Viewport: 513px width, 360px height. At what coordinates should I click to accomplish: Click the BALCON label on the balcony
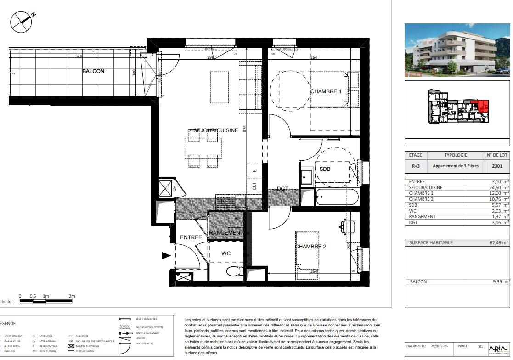[93, 71]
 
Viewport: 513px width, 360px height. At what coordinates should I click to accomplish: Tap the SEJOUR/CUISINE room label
[215, 130]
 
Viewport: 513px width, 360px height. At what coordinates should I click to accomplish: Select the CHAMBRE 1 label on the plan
[326, 91]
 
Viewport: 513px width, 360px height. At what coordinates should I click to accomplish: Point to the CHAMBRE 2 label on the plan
[310, 247]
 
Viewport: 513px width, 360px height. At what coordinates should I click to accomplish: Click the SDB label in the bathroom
[325, 169]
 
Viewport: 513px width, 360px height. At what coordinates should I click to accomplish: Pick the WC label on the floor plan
[226, 253]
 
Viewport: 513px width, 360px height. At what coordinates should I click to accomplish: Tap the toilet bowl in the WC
[235, 271]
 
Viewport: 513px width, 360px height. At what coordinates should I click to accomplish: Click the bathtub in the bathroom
[337, 197]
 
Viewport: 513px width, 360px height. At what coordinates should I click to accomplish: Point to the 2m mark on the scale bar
[71, 296]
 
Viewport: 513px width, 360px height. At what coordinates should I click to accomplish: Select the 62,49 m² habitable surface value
[498, 242]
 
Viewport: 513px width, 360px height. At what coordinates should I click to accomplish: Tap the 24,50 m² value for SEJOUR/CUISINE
[498, 187]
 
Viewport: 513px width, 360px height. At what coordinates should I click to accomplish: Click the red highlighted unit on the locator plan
[483, 107]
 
